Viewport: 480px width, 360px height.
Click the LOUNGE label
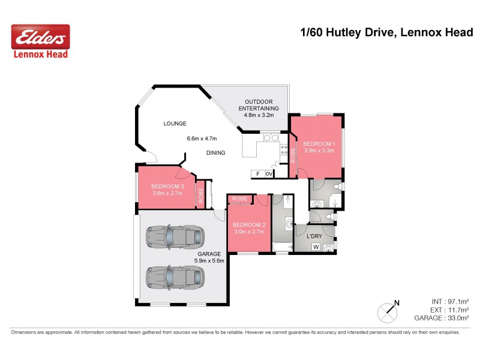[x=175, y=124]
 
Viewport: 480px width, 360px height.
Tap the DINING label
[x=215, y=153]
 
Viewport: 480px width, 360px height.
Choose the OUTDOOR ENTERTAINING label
[x=259, y=104]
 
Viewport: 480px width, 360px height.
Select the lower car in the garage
[x=175, y=277]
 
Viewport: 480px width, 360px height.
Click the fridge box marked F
[x=258, y=174]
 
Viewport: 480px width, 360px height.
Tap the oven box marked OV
[x=269, y=174]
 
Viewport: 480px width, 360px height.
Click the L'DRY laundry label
[x=315, y=236]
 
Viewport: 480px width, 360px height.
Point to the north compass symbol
[x=388, y=312]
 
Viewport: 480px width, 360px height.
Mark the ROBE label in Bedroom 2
[x=240, y=198]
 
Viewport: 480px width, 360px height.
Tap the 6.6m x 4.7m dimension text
[x=202, y=139]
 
